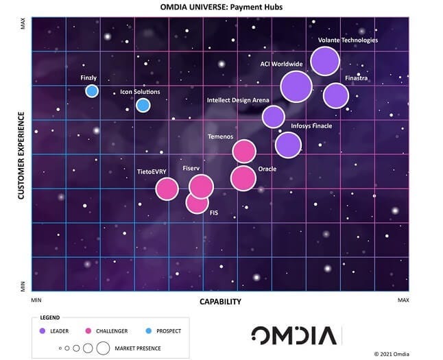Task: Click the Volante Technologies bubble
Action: point(325,62)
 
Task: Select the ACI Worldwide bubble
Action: point(296,86)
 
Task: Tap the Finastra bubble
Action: point(335,95)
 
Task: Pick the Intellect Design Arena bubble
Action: point(273,117)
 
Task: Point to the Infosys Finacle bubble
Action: point(288,145)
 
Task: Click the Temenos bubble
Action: point(244,152)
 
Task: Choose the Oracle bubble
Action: point(243,178)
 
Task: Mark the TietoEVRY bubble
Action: point(167,189)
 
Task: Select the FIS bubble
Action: point(197,202)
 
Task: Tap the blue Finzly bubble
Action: point(92,91)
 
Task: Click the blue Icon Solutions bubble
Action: point(143,105)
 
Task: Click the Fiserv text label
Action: point(191,168)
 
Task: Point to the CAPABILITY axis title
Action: point(220,302)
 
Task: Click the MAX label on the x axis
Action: point(403,300)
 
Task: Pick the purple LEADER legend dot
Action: point(43,331)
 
